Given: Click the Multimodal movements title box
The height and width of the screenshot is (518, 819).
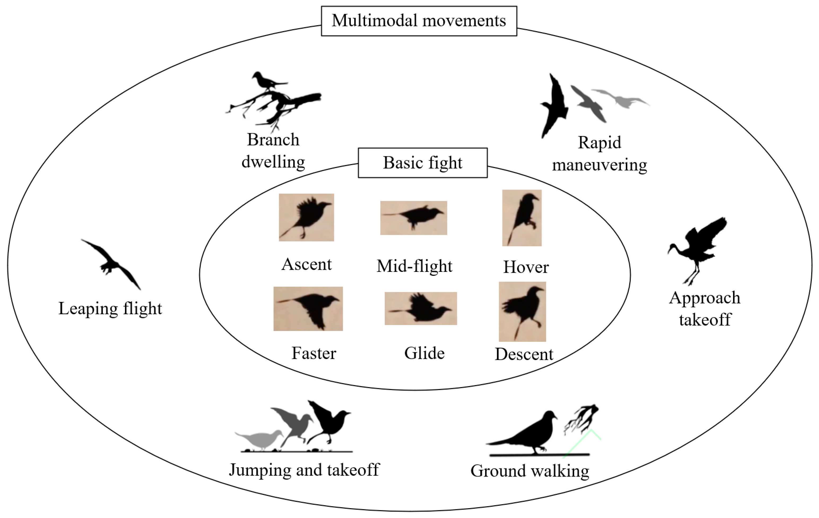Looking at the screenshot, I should click(419, 21).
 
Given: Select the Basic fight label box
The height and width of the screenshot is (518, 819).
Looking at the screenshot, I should click(422, 163).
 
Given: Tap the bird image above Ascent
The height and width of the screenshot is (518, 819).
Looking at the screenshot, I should click(306, 217).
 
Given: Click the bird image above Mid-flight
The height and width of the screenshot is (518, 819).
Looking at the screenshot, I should click(413, 218).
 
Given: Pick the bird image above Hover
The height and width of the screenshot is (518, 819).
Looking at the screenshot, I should click(522, 218).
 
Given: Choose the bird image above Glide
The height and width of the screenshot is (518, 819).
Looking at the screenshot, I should click(421, 308).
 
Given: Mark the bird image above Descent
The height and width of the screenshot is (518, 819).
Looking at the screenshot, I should click(522, 311).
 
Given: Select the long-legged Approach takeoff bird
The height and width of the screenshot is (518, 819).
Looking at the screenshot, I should click(697, 249).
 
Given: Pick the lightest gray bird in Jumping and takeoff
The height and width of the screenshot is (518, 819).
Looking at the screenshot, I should click(260, 440).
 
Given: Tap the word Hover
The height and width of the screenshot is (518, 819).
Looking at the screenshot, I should click(526, 267).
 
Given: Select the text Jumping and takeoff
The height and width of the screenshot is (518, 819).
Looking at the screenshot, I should click(304, 470).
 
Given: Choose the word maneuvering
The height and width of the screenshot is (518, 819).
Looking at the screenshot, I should click(599, 165).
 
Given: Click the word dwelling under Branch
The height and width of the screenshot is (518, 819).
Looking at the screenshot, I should click(273, 162).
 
